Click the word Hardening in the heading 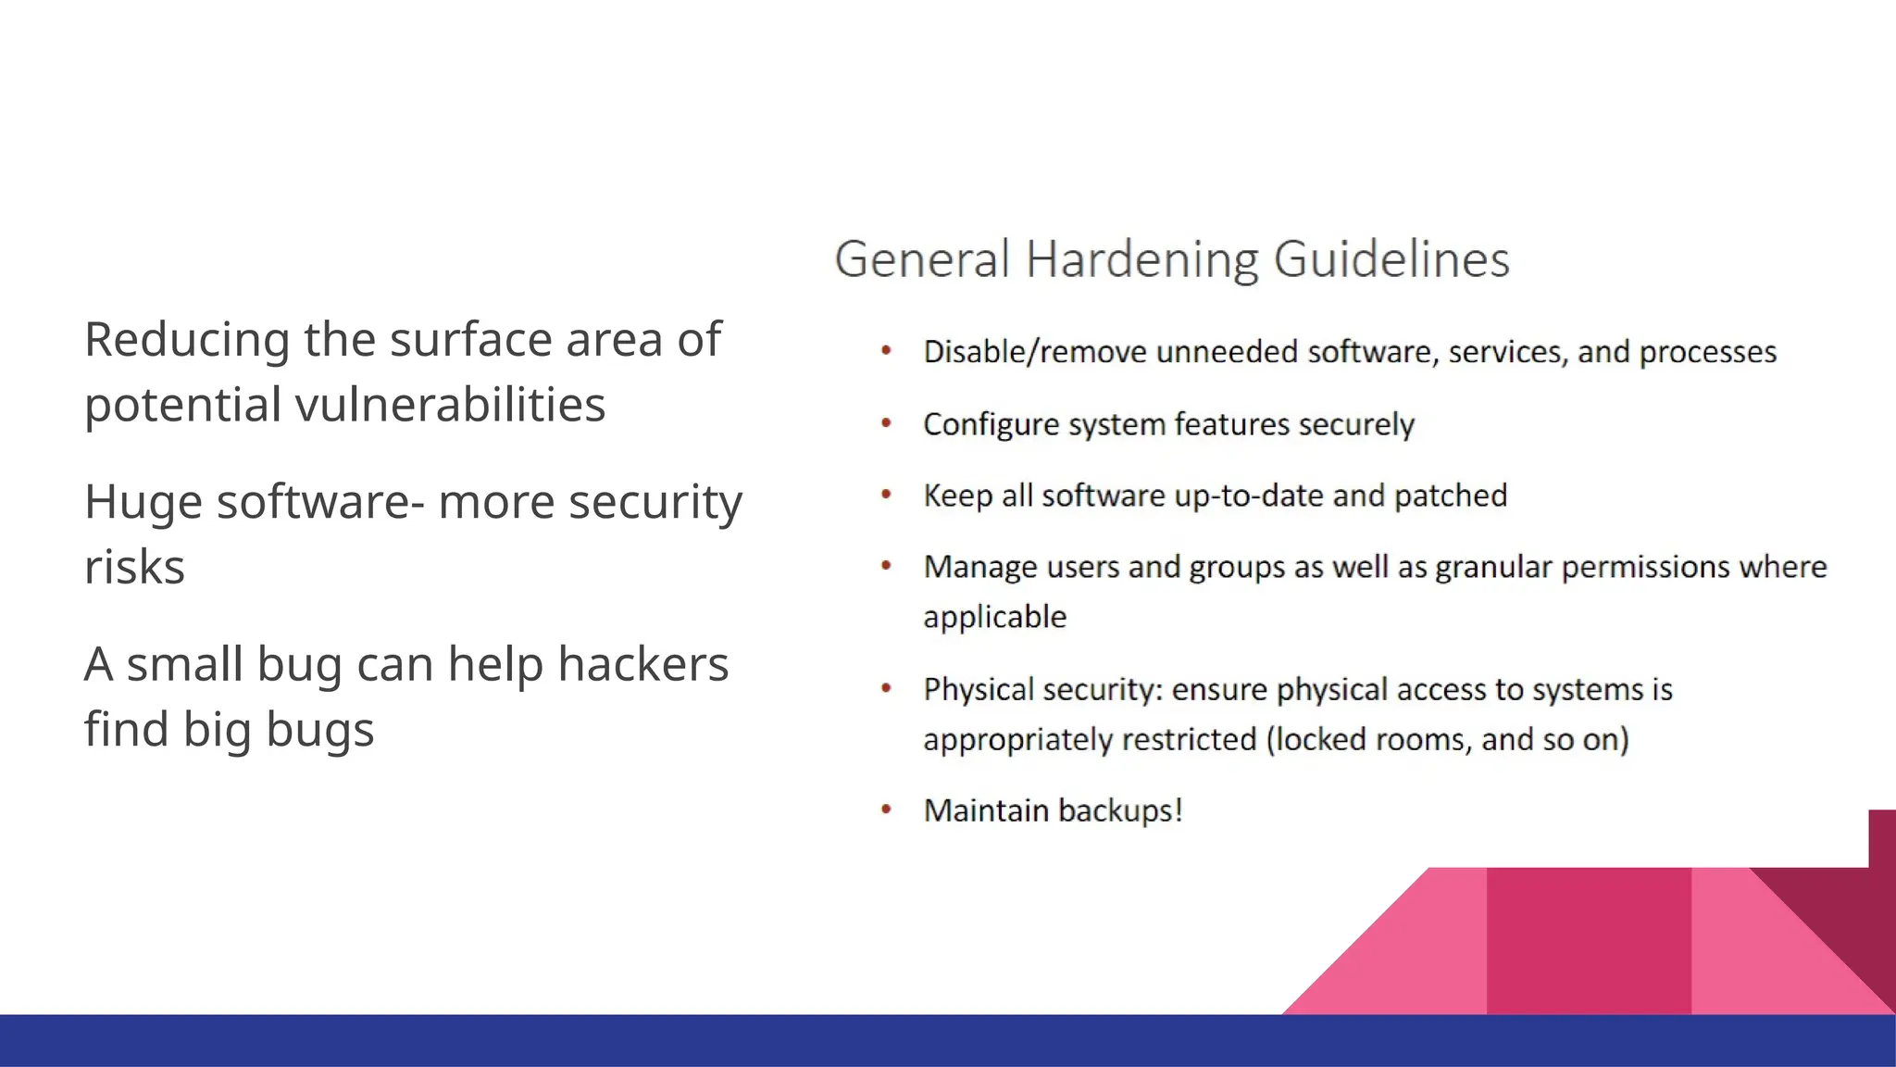pos(1141,259)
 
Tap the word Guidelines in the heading pos(1391,259)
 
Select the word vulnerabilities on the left pos(450,405)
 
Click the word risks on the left pos(134,567)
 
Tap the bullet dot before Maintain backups pos(886,810)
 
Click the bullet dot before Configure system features pos(886,424)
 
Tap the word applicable pos(994,617)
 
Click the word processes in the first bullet pos(1707,353)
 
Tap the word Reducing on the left pos(186,340)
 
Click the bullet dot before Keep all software pos(886,496)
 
